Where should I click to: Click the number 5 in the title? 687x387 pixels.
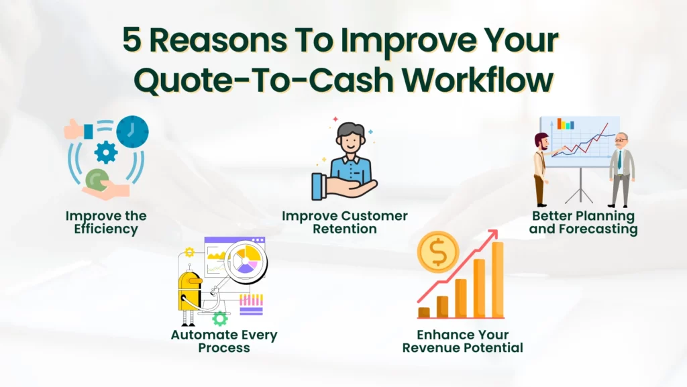click(132, 40)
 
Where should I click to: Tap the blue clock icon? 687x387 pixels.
click(132, 131)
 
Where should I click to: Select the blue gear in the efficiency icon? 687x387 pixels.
click(106, 152)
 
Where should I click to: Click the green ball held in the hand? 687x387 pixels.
click(97, 180)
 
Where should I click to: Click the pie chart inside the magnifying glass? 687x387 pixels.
click(246, 260)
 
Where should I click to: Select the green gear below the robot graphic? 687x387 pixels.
click(220, 319)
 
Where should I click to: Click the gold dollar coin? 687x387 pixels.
click(438, 252)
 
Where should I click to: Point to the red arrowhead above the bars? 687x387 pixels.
click(493, 235)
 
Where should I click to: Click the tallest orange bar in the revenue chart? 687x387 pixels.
click(498, 280)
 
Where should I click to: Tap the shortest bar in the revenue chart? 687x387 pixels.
click(424, 313)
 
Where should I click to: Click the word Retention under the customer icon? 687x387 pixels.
click(345, 229)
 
